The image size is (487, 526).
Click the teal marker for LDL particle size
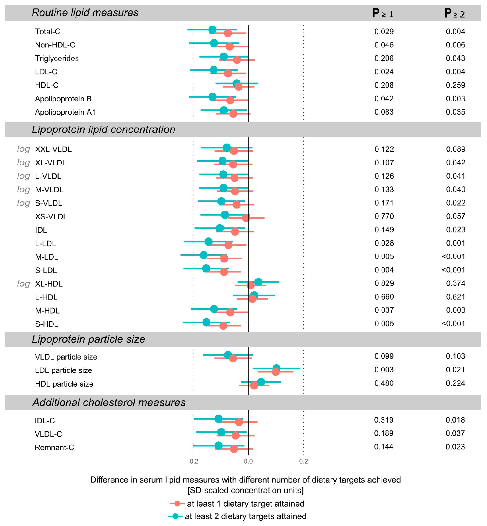point(276,368)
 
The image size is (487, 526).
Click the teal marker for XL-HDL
point(258,282)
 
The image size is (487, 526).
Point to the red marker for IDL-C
point(239,422)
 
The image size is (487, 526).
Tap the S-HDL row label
point(47,324)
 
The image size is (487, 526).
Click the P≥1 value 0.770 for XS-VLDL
point(384,216)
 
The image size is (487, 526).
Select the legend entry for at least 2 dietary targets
point(245,516)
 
